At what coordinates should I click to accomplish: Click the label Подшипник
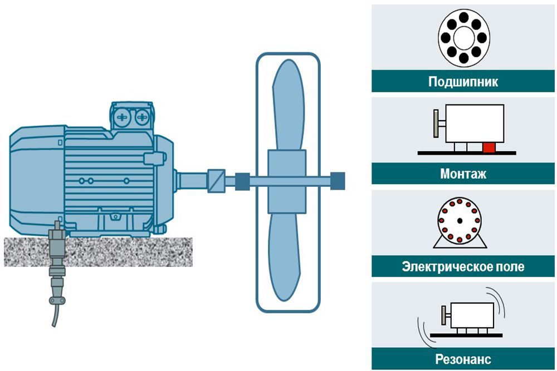click(463, 82)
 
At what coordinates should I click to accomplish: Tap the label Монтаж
click(463, 174)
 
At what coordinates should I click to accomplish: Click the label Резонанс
click(463, 359)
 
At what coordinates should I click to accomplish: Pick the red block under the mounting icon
click(488, 147)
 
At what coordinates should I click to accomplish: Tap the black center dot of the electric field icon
click(460, 221)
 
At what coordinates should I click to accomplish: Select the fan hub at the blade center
click(287, 181)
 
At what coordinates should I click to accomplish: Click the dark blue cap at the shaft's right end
click(338, 180)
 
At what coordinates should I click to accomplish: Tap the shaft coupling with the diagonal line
click(216, 181)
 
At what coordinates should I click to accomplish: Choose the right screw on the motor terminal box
click(143, 117)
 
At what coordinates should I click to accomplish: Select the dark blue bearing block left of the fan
click(242, 181)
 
